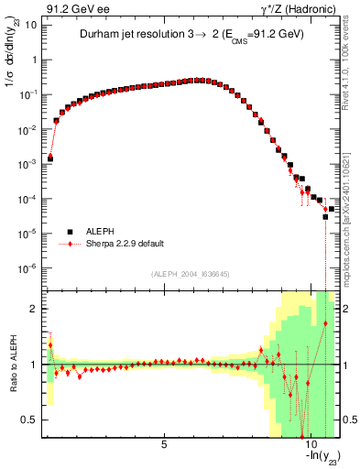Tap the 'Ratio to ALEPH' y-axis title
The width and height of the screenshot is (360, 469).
(11, 365)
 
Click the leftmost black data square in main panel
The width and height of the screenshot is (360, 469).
(50, 158)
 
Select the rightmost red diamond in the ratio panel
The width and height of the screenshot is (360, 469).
(325, 323)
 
